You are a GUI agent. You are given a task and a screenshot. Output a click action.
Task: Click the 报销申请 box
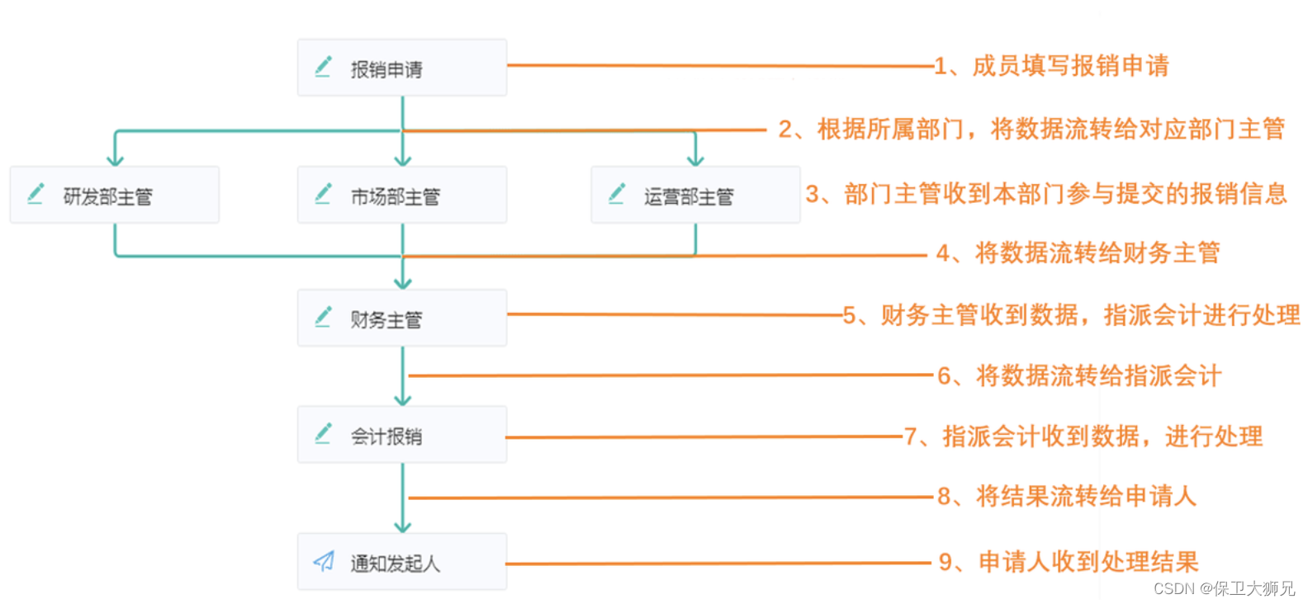[x=402, y=68]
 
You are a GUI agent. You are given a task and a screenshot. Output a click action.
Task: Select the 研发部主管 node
[x=115, y=196]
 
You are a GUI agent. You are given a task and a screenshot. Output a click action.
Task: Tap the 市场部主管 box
[x=402, y=196]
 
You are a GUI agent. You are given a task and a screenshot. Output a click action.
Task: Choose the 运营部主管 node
[x=695, y=196]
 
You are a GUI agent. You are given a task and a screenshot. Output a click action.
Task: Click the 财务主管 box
[x=402, y=319]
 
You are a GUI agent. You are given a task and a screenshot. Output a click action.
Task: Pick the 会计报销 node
[x=402, y=435]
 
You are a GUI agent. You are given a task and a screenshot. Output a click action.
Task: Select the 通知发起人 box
[x=402, y=562]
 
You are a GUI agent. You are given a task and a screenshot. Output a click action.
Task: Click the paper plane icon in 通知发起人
[x=324, y=562]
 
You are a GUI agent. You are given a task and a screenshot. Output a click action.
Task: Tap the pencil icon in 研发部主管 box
[x=36, y=194]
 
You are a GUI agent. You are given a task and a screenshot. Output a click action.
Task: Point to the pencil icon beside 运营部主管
[x=617, y=194]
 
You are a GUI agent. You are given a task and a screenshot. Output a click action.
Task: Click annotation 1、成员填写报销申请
[x=1051, y=66]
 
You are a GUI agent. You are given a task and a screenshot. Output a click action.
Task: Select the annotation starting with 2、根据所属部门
[x=1031, y=130]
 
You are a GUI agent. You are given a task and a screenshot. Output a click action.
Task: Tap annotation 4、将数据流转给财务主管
[x=1078, y=252]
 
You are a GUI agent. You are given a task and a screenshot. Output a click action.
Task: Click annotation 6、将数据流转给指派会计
[x=1078, y=376]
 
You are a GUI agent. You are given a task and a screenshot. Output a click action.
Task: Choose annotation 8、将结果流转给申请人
[x=1066, y=497]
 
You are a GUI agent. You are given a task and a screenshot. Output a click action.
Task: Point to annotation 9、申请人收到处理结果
[x=1069, y=563]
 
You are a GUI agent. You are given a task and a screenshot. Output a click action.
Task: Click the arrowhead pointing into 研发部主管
[x=115, y=160]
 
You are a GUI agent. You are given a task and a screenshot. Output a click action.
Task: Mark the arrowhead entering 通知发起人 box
[x=402, y=526]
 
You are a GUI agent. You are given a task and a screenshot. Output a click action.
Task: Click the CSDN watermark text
[x=1224, y=588]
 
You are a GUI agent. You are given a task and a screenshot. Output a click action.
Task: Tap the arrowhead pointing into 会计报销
[x=402, y=399]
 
